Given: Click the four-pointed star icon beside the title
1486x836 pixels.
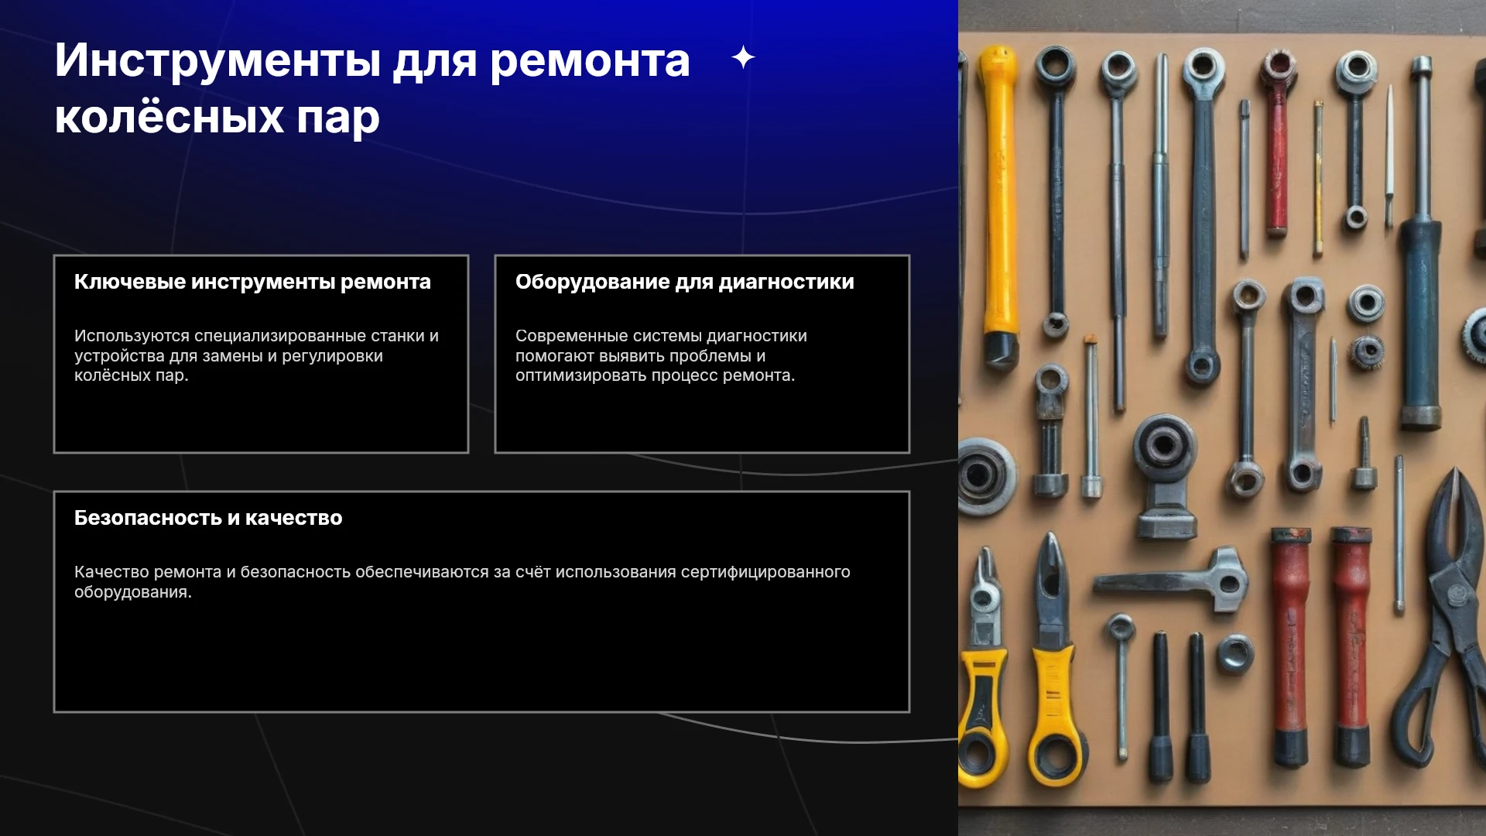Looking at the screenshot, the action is (743, 57).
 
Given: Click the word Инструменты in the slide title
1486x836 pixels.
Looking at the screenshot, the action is (217, 61).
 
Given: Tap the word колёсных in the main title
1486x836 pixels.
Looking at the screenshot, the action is (169, 118).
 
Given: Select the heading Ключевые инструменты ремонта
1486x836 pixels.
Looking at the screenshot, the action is (252, 282).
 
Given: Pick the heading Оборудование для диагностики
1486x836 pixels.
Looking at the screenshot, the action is (685, 282).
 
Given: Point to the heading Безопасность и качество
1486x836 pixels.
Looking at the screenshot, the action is (208, 518).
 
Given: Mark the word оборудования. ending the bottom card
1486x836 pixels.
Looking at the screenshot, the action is (133, 592).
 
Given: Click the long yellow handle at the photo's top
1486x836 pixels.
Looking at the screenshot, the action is (999, 201).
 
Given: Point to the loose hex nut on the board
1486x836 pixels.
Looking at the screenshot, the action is (1234, 655).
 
